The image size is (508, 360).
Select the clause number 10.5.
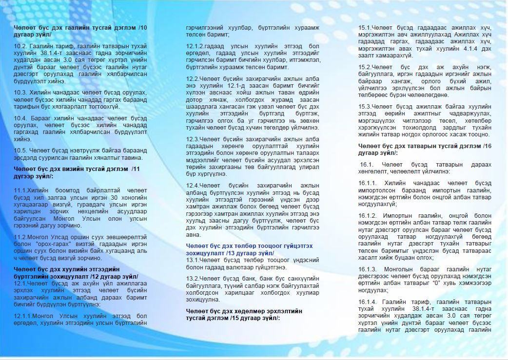click(x=20, y=151)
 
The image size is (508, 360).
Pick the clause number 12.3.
click(x=193, y=139)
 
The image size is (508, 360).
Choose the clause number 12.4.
click(x=193, y=185)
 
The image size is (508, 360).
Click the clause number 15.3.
click(x=365, y=106)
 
